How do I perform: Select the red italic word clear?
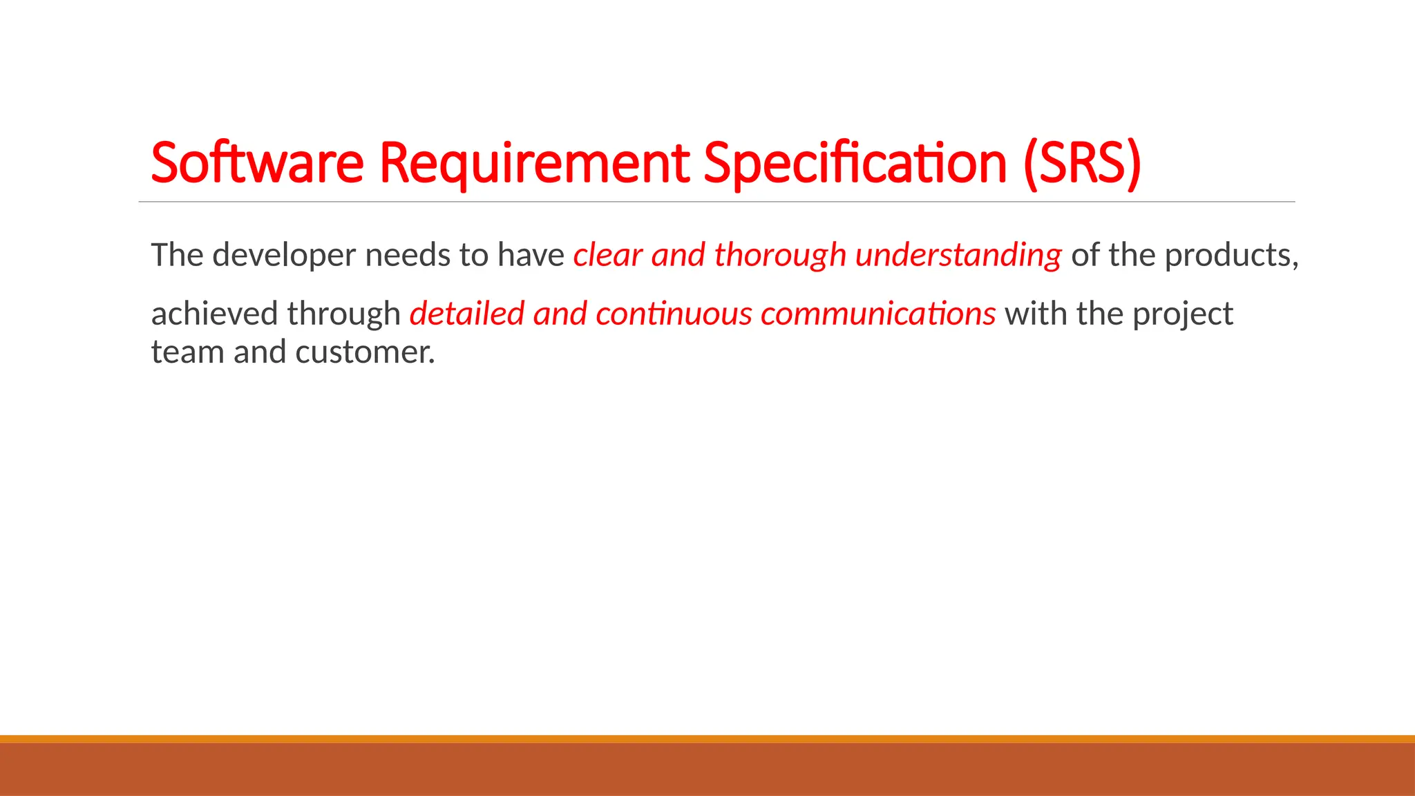(x=607, y=256)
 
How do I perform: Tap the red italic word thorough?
(x=780, y=256)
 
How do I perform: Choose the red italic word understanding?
(x=958, y=256)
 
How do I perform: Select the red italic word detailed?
(x=466, y=314)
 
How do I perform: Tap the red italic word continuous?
(x=674, y=314)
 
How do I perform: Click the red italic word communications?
(x=877, y=314)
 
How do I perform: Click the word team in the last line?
(x=187, y=352)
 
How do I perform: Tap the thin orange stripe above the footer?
(x=707, y=739)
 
